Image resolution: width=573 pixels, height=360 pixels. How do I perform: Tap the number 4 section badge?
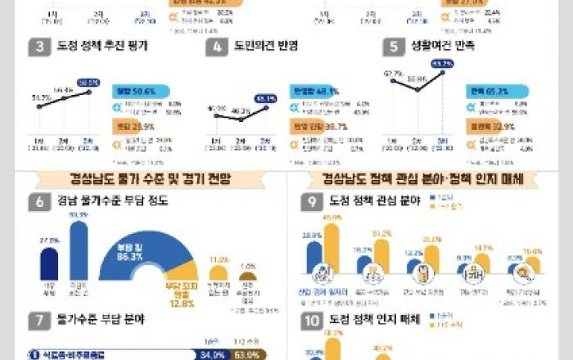[215, 47]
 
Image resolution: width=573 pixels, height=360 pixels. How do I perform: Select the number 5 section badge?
[395, 47]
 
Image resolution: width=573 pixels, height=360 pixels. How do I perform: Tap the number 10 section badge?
[311, 322]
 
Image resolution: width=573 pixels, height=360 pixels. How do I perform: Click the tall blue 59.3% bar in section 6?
[79, 249]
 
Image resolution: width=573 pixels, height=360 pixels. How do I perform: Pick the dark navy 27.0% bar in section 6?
[49, 262]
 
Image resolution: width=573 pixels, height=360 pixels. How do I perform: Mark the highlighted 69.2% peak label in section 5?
[443, 64]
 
